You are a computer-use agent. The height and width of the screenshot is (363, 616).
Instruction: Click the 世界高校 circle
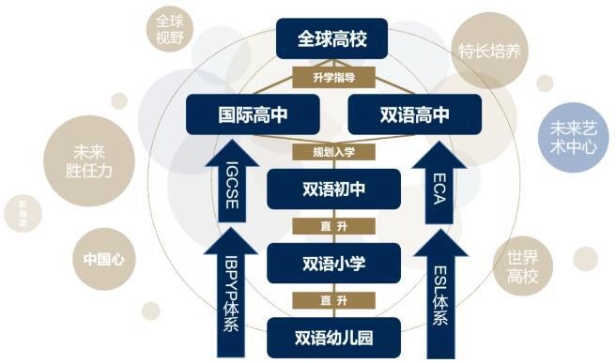point(525,267)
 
